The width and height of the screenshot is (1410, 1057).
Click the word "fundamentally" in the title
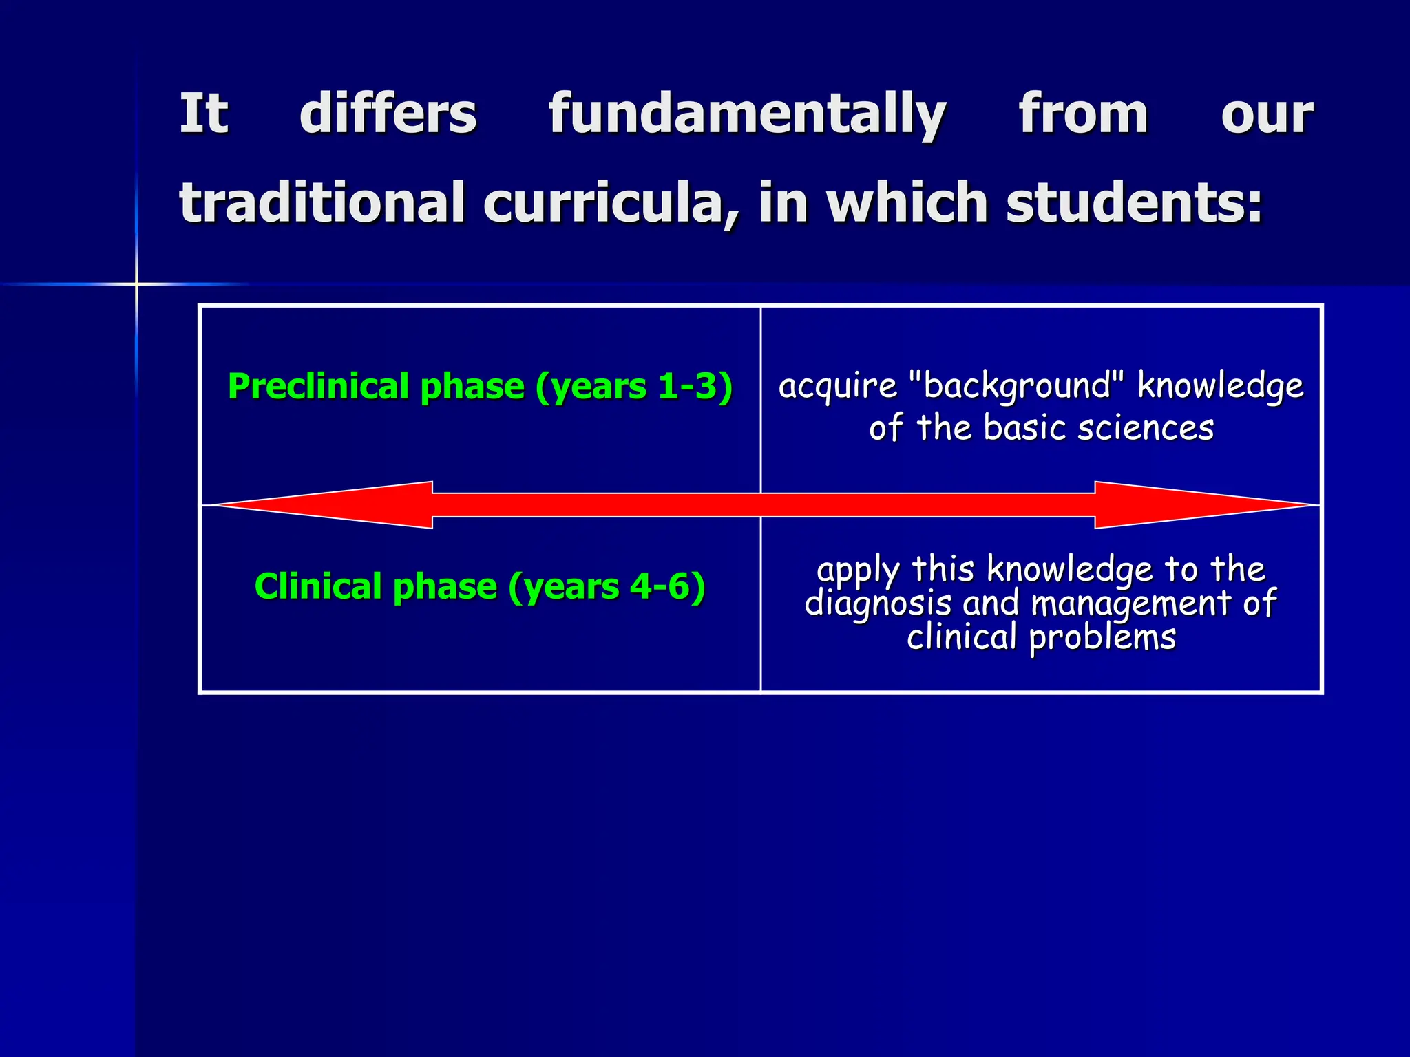pos(747,114)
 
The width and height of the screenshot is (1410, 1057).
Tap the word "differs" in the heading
pos(388,114)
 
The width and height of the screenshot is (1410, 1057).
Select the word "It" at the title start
pos(203,114)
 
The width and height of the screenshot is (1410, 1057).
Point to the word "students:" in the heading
pos(1134,203)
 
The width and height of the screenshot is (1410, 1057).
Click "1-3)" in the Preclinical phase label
pos(695,386)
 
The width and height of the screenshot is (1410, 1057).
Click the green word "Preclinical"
pos(319,386)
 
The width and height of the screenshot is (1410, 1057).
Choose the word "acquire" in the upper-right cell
pos(838,385)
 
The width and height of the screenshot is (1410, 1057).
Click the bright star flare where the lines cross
pos(136,284)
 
